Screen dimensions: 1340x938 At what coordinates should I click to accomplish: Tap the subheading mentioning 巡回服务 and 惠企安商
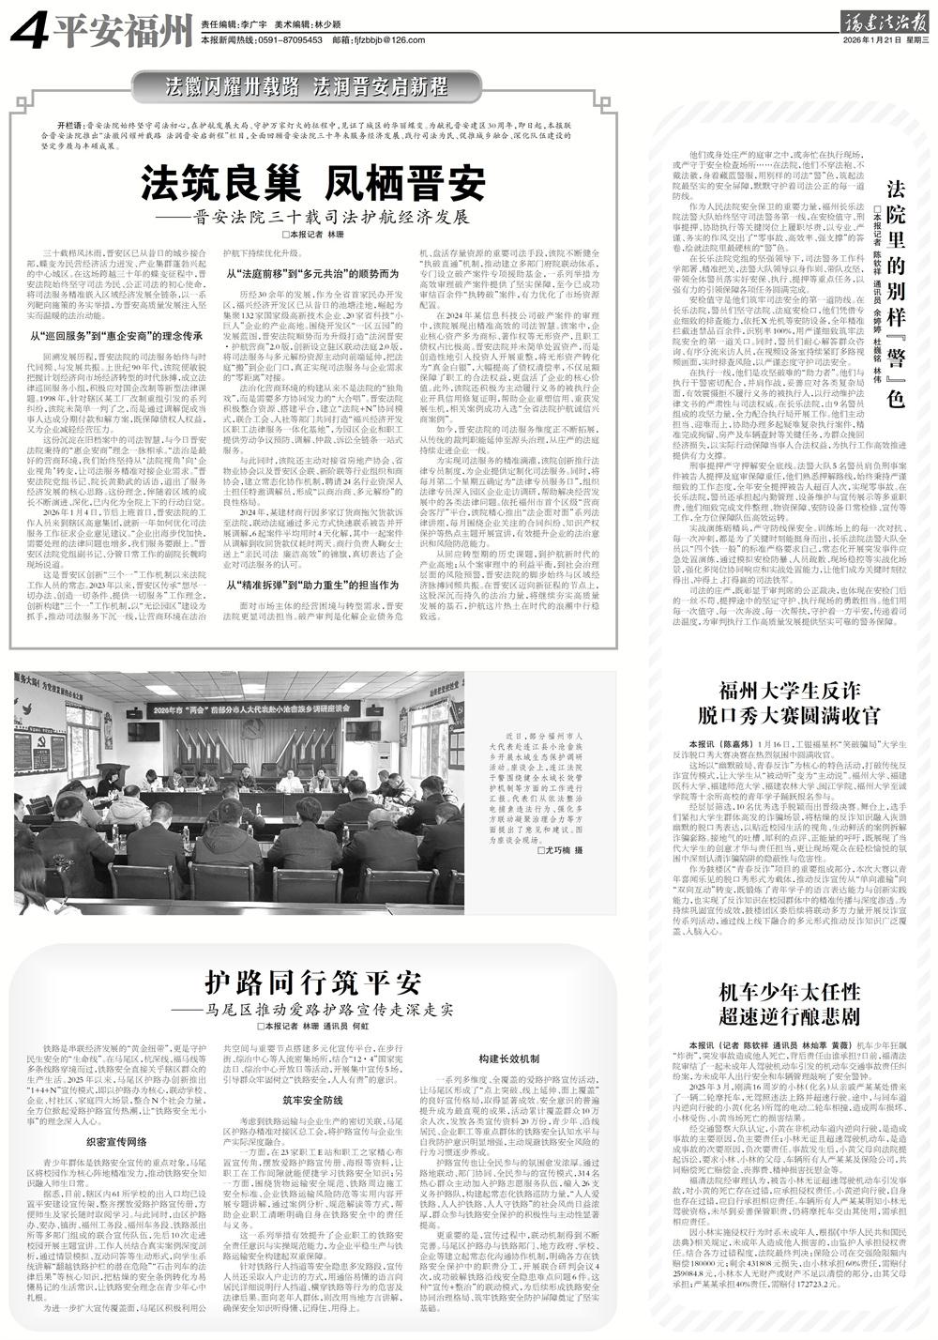pos(117,335)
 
